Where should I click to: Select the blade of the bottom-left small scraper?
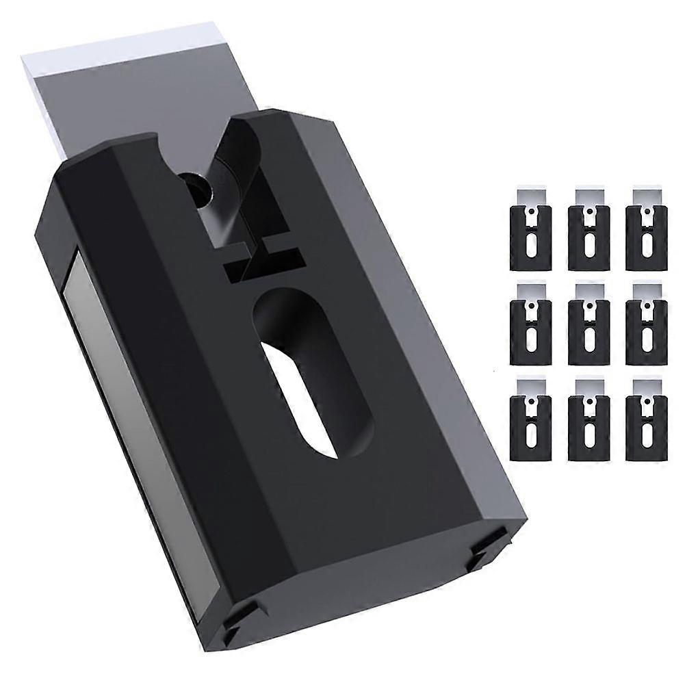click(x=530, y=385)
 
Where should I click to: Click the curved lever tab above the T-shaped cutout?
click(x=243, y=147)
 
